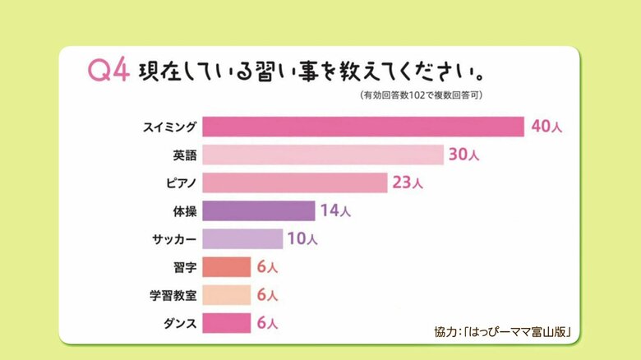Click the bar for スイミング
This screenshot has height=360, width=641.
coord(363,127)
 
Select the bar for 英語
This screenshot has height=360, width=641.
coord(323,155)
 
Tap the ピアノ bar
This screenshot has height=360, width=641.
coord(294,182)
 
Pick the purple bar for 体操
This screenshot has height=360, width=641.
coord(258,211)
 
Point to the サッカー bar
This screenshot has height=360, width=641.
coord(242,239)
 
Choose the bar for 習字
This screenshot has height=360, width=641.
coord(226,267)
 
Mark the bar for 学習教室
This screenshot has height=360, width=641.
coord(226,295)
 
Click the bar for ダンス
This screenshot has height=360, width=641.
coord(226,323)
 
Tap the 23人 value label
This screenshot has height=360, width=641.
coord(408,182)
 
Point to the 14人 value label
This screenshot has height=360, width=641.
coord(335,211)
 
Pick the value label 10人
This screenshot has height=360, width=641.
coord(302,239)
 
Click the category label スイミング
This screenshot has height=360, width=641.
coord(169,127)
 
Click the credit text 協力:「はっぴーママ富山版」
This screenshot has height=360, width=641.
coord(502,332)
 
